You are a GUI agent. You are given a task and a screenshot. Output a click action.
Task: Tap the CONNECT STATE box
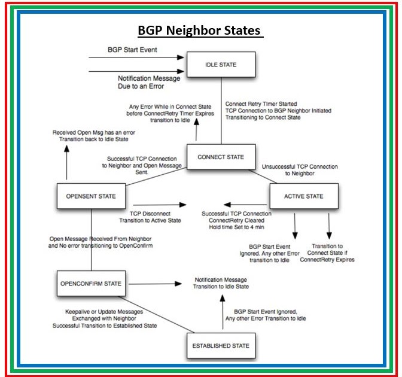221,157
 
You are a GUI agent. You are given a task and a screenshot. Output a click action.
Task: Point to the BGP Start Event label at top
132,50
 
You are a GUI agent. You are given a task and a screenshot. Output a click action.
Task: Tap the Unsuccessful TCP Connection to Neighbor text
300,169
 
